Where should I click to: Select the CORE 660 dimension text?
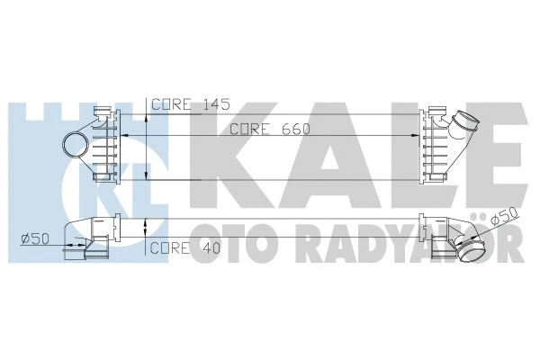pos(269,129)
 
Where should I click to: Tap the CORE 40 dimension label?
pos(184,247)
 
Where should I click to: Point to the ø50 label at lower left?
pos(34,238)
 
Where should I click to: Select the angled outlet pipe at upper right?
pos(469,126)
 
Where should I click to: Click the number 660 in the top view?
pos(295,129)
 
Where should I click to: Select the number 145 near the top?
pos(211,103)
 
